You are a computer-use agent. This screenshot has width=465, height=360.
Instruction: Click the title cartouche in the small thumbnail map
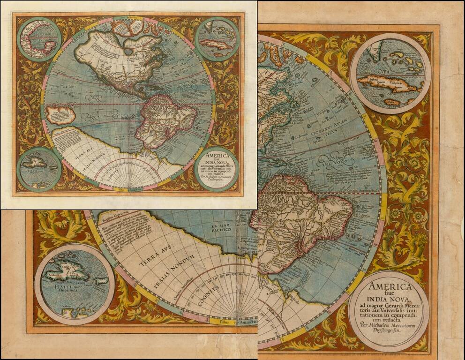216,168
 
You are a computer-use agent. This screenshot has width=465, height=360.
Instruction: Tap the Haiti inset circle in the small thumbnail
39,168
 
